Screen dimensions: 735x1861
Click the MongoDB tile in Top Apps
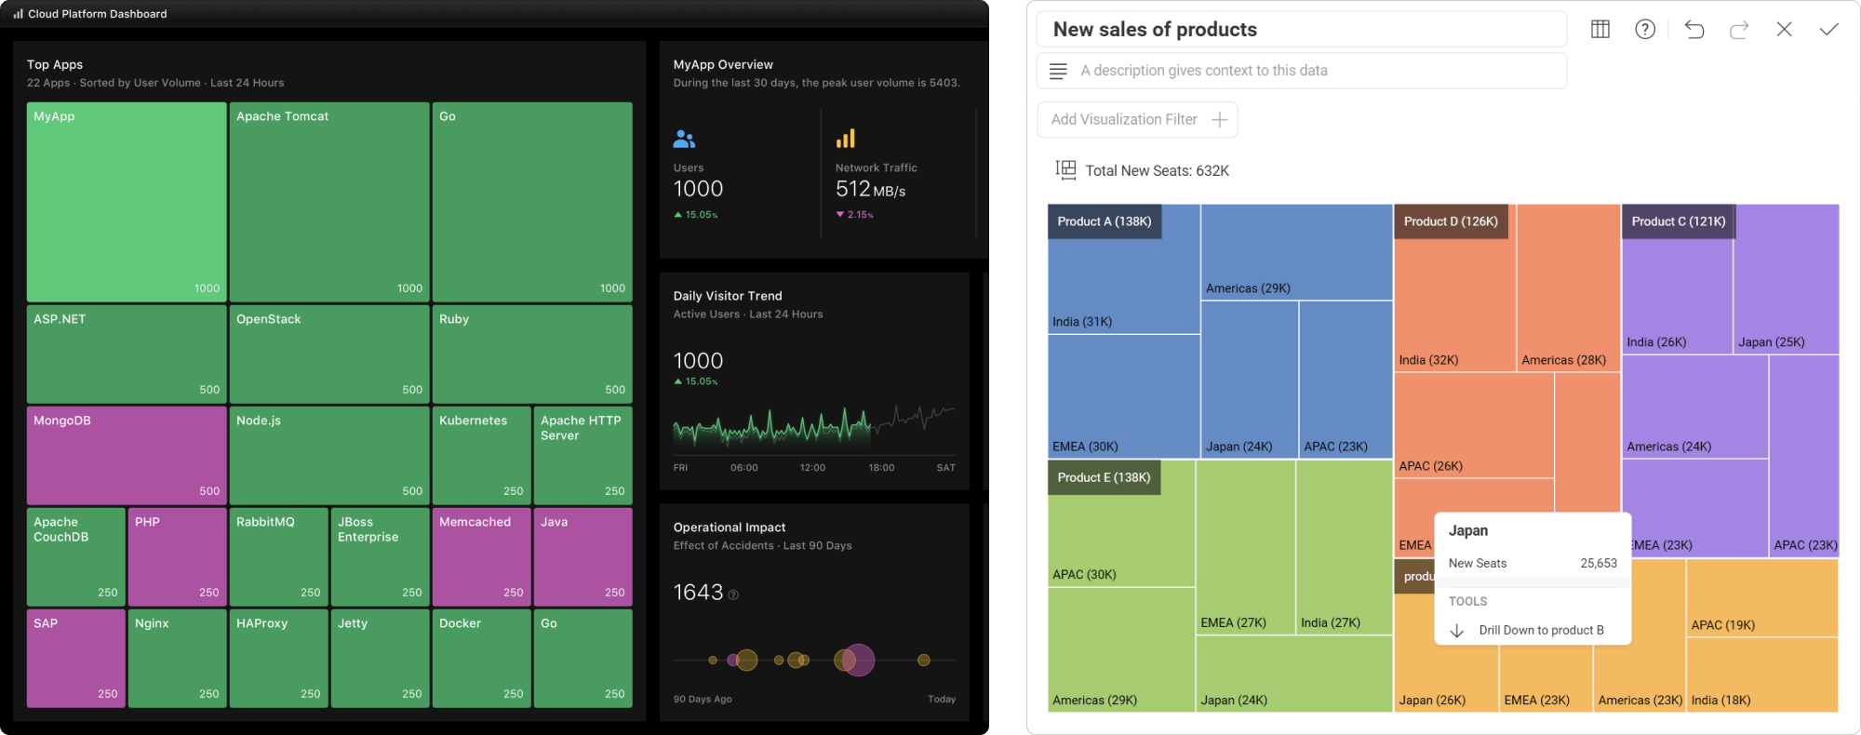(x=127, y=455)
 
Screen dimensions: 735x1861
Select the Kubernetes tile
(x=481, y=455)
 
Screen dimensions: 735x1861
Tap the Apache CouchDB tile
(x=75, y=556)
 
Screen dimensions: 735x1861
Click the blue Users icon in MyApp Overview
(x=684, y=140)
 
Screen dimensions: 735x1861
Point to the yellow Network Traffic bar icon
(x=845, y=140)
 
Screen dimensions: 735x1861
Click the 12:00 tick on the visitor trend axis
(x=812, y=468)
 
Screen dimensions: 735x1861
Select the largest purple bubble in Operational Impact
(x=857, y=660)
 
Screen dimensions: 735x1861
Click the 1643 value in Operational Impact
(x=698, y=593)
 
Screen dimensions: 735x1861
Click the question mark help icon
(x=1645, y=30)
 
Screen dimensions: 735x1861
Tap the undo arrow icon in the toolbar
(x=1694, y=30)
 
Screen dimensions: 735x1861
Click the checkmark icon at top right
(x=1828, y=30)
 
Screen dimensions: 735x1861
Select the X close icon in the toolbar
(x=1784, y=30)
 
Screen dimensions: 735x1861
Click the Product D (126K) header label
(x=1451, y=221)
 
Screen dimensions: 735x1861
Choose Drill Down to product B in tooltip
(x=1541, y=630)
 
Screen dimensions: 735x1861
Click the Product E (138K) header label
(x=1104, y=477)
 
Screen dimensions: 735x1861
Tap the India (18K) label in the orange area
(x=1720, y=701)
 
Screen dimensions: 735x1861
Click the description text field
(x=1301, y=71)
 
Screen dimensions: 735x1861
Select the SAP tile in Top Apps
(x=75, y=658)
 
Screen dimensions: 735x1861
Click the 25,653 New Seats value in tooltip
(x=1598, y=563)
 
